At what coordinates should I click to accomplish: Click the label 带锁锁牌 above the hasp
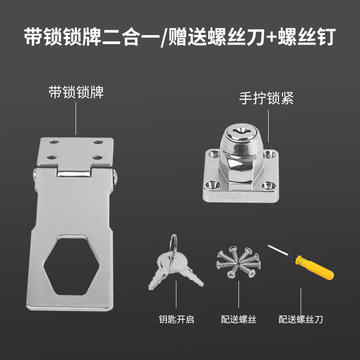pos(76,93)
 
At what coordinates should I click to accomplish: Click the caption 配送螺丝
pos(238,319)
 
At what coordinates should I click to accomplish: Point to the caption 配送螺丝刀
pos(301,319)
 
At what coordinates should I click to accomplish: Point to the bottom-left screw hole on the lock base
pos(211,185)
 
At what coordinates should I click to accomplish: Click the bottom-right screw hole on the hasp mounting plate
pos(97,158)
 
